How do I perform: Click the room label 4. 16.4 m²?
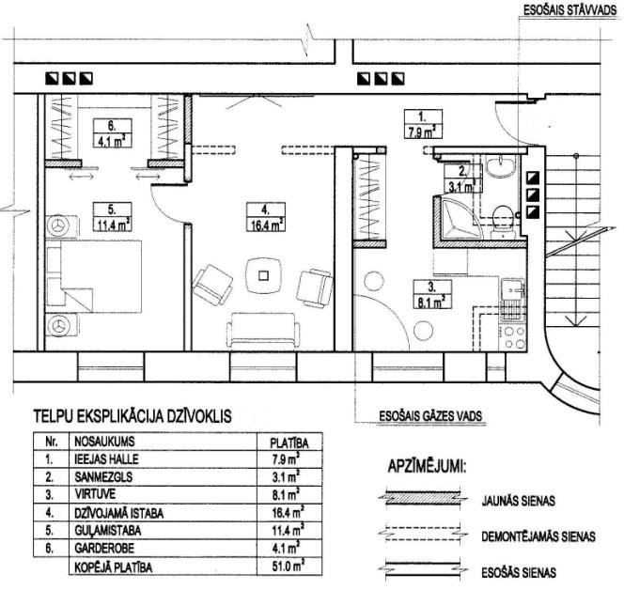click(x=265, y=217)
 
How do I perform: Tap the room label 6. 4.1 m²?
click(x=112, y=133)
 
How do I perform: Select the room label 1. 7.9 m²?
click(x=423, y=124)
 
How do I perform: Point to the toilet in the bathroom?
click(x=503, y=222)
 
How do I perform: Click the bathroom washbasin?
click(x=501, y=166)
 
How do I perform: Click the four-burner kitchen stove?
click(x=514, y=338)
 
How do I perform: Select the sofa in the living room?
click(x=263, y=331)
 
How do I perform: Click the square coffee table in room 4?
click(x=263, y=275)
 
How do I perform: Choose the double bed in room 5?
click(x=94, y=276)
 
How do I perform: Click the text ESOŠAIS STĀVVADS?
click(x=569, y=10)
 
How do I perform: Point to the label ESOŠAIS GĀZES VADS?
click(x=430, y=416)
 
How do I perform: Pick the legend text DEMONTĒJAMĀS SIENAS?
click(x=538, y=536)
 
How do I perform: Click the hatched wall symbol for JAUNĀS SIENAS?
click(x=423, y=499)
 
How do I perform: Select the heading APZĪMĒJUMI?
click(x=427, y=466)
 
